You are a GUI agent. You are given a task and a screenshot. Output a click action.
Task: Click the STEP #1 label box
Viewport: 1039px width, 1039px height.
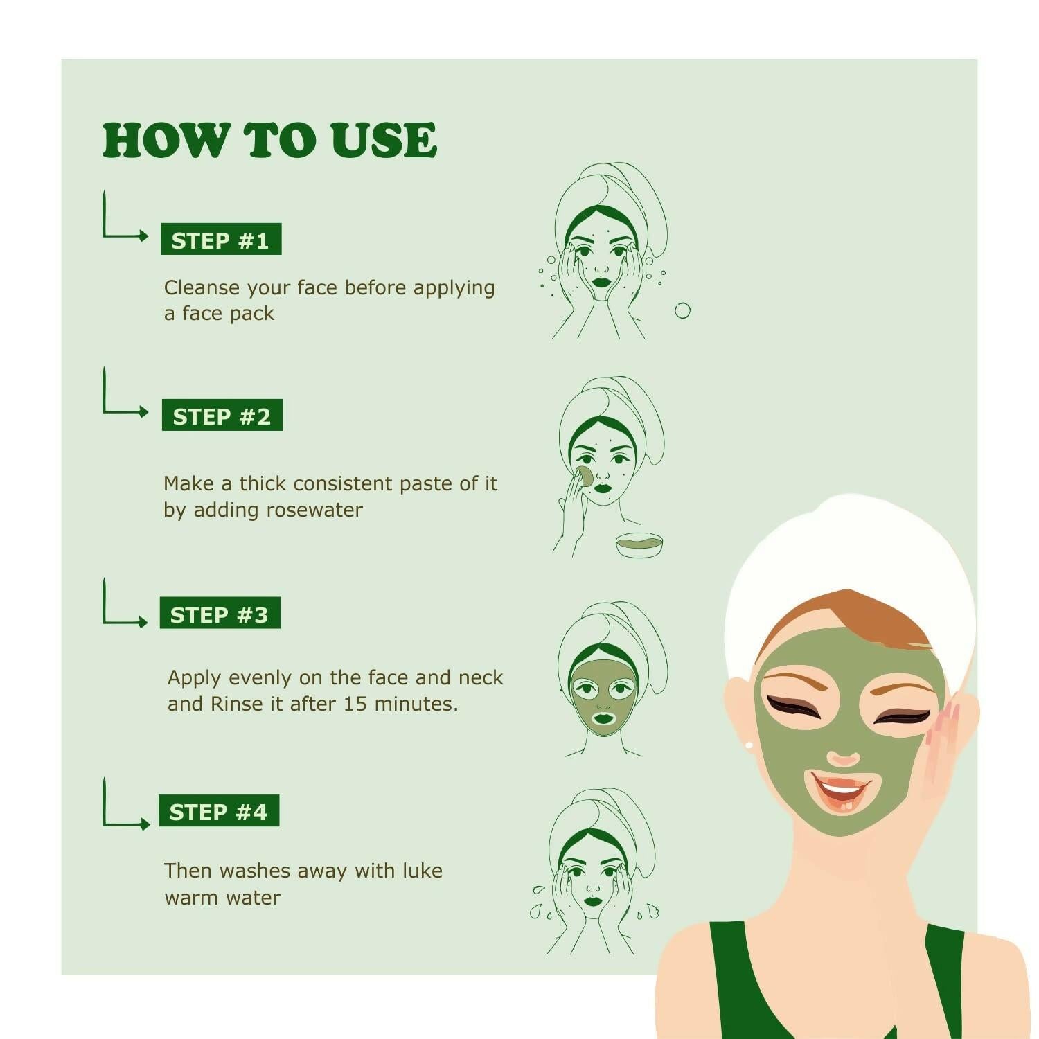tap(221, 240)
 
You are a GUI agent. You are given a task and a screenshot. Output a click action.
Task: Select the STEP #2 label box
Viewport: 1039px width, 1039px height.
tap(222, 416)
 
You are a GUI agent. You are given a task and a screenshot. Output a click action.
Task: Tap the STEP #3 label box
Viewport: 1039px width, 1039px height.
tap(220, 613)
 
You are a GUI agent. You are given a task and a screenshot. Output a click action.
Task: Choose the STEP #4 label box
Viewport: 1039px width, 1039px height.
tap(218, 810)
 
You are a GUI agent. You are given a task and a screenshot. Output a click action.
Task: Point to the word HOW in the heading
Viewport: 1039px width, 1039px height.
tap(166, 141)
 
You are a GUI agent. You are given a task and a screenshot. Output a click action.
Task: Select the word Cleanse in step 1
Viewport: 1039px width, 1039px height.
tap(202, 287)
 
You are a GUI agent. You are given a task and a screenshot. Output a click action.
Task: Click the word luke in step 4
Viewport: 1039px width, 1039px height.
tap(420, 871)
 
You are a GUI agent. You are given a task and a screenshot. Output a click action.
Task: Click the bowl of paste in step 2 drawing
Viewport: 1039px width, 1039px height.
tap(639, 544)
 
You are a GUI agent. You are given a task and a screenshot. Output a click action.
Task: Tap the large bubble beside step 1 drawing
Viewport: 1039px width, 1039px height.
tap(682, 310)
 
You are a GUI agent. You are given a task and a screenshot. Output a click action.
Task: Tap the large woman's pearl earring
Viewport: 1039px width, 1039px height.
tap(749, 745)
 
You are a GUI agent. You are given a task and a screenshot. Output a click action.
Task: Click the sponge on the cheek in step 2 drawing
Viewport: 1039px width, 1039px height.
tap(584, 477)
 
